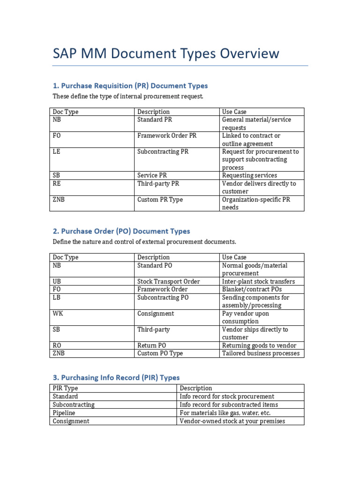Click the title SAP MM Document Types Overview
point(166,53)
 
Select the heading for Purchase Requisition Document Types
point(130,86)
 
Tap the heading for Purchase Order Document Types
point(121,231)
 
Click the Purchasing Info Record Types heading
point(116,377)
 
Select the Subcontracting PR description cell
point(163,152)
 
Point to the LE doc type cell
point(57,152)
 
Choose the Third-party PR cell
point(158,184)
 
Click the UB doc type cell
point(57,281)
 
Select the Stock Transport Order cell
point(168,281)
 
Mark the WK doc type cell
point(58,313)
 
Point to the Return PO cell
point(152,345)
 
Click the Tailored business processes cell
point(261,353)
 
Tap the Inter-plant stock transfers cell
point(258,281)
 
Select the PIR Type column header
point(66,388)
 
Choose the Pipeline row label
point(64,413)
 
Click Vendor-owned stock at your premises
point(232,421)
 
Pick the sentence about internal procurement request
point(128,97)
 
